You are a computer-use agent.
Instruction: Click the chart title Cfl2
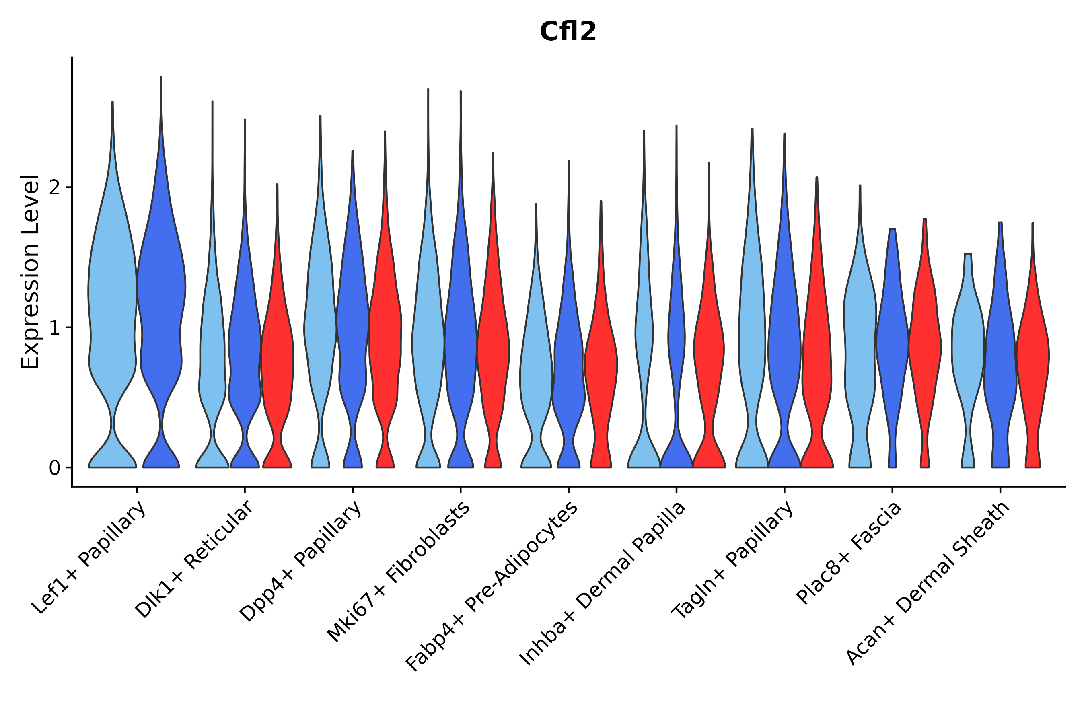pyautogui.click(x=568, y=32)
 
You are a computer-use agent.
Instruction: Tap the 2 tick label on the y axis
pyautogui.click(x=54, y=187)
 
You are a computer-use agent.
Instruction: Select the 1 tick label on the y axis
pyautogui.click(x=54, y=328)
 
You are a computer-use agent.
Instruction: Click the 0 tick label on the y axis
pyautogui.click(x=54, y=468)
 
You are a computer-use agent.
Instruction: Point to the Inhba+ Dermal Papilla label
pyautogui.click(x=603, y=584)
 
